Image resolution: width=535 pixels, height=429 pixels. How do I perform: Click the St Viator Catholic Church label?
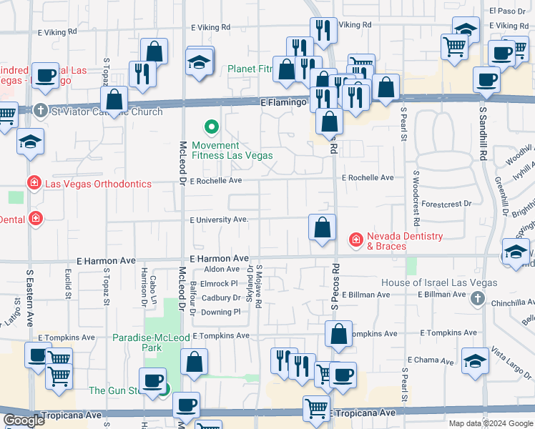pos(107,112)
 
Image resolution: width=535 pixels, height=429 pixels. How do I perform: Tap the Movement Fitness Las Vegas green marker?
pos(211,128)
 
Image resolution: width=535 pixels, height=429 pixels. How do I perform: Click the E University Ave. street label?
pos(219,220)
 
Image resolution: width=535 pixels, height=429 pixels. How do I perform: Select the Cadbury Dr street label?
pos(221,298)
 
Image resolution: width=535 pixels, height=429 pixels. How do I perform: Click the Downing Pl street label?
pos(220,312)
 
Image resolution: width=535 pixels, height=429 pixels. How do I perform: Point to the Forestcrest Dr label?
pos(447,204)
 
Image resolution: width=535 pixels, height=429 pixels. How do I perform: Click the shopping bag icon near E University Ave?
pos(323,228)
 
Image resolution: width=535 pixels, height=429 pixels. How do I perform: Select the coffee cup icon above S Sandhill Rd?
pos(486,80)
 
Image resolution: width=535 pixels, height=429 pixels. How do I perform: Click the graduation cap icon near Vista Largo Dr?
pos(476,361)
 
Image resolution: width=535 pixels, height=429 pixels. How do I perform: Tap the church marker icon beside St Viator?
pos(41,111)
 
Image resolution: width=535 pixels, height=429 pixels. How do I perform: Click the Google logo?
pos(23,421)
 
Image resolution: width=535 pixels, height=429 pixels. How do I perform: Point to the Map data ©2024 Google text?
pos(491,423)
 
